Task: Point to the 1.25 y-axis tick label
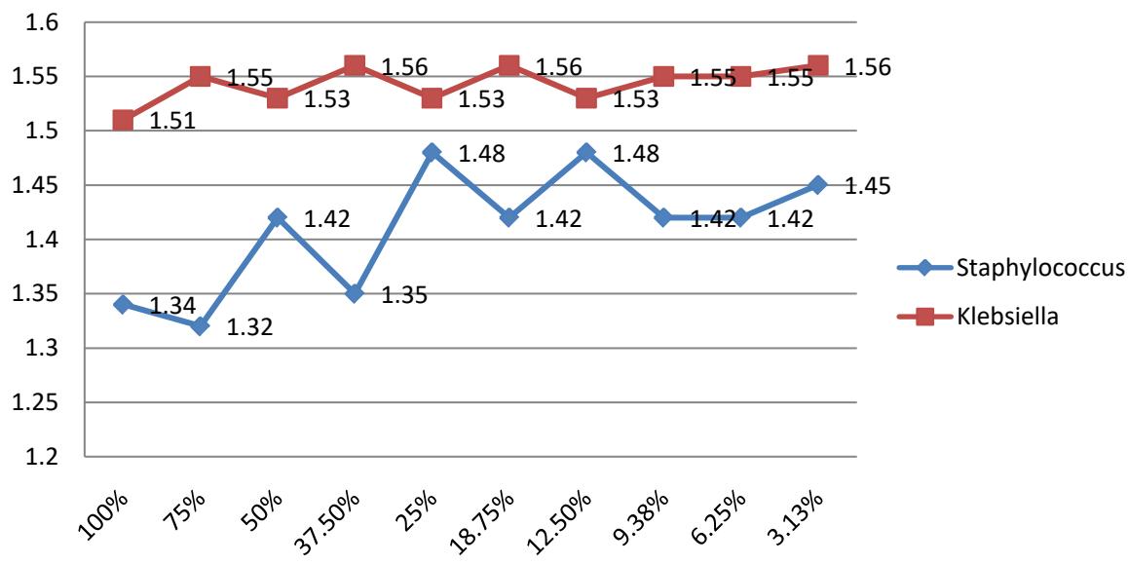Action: (42, 402)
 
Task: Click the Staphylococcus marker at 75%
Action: (200, 326)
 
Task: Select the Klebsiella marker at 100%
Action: (123, 120)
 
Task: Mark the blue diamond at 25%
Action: (432, 152)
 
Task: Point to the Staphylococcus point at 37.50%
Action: (355, 293)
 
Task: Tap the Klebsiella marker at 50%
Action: (278, 98)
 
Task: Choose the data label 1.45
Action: (866, 186)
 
